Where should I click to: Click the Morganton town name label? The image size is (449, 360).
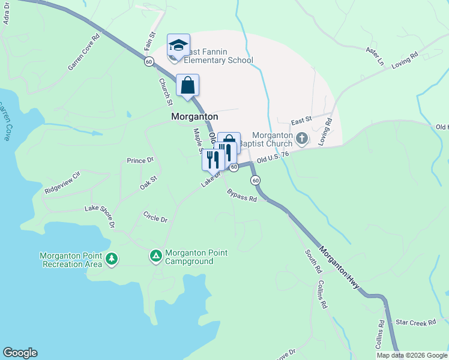pos(194,117)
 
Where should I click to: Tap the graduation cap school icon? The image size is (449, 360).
pos(178,46)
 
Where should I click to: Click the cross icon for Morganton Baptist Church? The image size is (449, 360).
pos(301,139)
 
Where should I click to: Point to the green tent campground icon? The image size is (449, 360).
pos(155,257)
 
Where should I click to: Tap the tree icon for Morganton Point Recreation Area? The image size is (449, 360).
pos(111,259)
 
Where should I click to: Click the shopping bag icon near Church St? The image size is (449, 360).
pos(187,85)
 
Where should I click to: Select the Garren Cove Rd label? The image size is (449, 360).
pos(83,56)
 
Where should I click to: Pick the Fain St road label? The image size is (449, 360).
pos(150,43)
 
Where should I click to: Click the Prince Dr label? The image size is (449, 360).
pos(140,160)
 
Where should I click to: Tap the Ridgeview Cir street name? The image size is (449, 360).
pos(62,183)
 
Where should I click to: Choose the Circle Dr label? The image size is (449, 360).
pos(155,216)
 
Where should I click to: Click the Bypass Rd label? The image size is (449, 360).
pos(242,195)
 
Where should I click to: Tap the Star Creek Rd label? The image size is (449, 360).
pos(415,323)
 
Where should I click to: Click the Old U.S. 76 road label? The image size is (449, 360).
pos(273,157)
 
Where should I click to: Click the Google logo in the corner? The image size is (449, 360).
pos(20,353)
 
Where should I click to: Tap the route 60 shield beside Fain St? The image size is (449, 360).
pos(149,62)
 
